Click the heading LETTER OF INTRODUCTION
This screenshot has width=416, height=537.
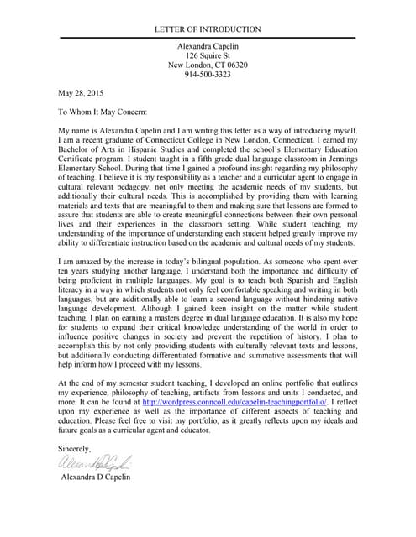208,29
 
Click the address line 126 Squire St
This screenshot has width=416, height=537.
208,55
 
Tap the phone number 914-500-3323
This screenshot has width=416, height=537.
208,75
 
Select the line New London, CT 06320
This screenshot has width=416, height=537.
208,65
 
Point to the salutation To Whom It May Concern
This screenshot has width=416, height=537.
102,111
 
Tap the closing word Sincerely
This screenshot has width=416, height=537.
75,450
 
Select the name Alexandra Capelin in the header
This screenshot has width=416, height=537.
208,44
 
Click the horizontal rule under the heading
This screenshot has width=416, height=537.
208,38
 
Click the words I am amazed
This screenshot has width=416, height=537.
87,239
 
